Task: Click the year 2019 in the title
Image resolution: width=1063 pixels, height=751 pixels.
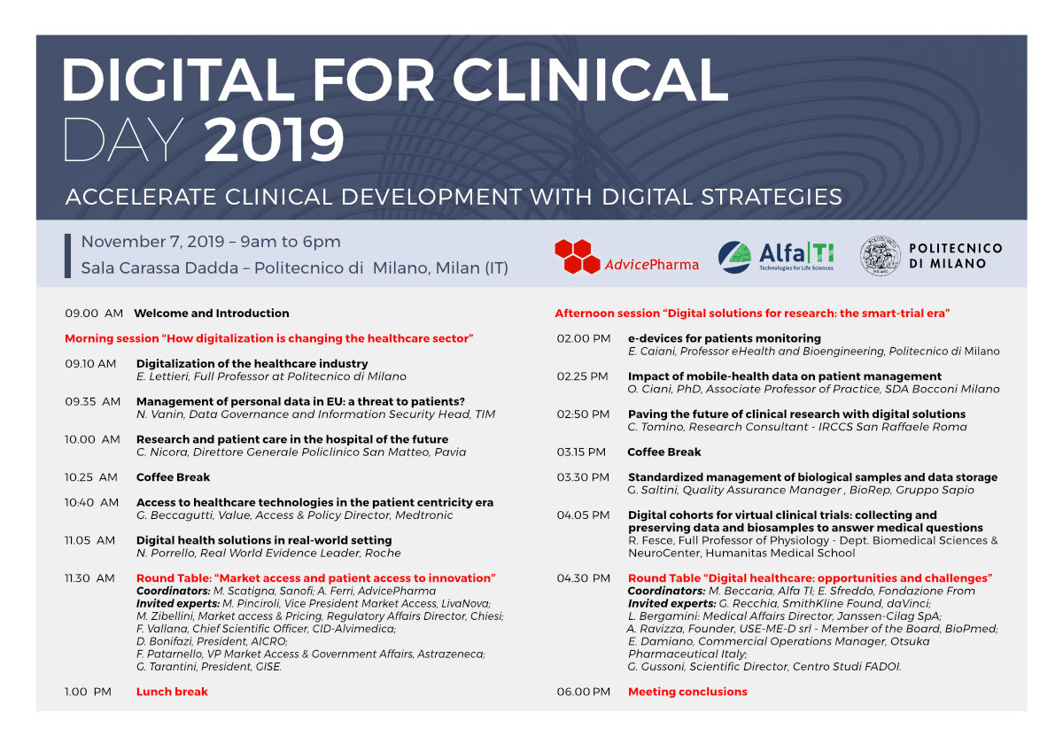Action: (274, 141)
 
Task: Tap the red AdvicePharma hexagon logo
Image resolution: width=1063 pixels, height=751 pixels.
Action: (578, 256)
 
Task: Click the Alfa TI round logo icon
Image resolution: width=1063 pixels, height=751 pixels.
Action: (734, 257)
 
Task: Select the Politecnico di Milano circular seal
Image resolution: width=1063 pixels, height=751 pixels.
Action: (881, 256)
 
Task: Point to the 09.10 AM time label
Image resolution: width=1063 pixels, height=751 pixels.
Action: (90, 364)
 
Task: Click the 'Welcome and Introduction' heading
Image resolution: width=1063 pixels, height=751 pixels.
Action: (212, 314)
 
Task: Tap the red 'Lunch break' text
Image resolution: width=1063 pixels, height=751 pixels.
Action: (172, 692)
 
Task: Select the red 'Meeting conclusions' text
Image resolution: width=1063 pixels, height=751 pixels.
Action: (687, 692)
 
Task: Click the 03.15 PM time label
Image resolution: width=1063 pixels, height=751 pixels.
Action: (581, 453)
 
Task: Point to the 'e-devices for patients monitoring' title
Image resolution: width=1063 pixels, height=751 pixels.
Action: (725, 338)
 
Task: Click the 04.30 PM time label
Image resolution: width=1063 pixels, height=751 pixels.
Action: (583, 578)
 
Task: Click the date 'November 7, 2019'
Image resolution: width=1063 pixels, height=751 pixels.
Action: (152, 242)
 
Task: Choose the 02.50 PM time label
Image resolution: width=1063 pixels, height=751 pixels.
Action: (583, 414)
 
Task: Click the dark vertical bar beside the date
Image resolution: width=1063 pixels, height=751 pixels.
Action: (67, 256)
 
